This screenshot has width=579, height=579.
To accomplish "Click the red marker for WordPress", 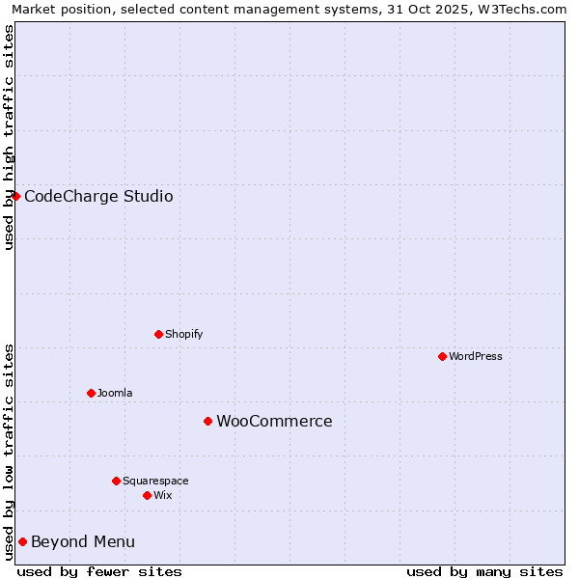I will tap(442, 356).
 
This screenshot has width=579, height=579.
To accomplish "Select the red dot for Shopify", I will tap(158, 334).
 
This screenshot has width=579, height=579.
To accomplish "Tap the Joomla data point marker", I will tap(91, 393).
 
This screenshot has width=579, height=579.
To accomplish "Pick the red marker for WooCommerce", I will tap(207, 421).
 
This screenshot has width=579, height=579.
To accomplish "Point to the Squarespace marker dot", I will tap(116, 481).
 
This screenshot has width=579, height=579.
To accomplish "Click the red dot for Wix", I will tap(147, 495).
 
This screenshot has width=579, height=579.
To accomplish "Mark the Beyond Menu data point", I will tap(22, 541).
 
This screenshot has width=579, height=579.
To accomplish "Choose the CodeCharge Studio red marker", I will tap(15, 196).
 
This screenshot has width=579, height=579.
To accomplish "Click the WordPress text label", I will tap(476, 356).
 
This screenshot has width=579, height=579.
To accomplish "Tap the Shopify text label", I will tap(183, 334).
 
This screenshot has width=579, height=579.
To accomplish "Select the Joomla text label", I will tap(115, 393).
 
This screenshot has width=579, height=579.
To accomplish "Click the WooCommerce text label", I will tap(274, 421).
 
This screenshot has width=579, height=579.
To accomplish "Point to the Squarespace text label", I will tap(155, 481).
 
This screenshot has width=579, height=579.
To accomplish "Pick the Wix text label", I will tap(162, 495).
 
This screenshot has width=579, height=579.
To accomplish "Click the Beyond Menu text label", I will tap(83, 541).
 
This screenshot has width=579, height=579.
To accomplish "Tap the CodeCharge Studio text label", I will tap(98, 196).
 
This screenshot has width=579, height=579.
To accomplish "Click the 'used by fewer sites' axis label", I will tap(99, 571).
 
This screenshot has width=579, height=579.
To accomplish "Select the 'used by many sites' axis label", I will tap(484, 571).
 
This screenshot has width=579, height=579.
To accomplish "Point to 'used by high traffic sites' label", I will tap(9, 137).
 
